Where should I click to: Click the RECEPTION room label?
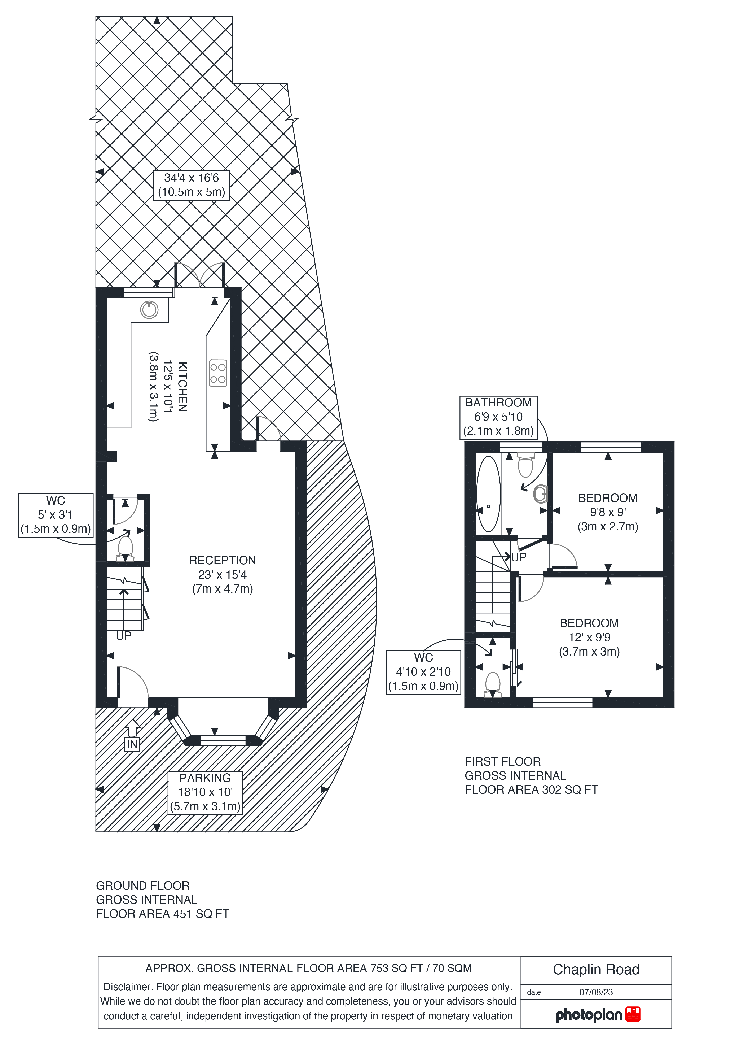point(222,560)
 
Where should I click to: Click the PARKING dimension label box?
point(205,792)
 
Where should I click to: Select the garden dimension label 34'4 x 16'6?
point(192,185)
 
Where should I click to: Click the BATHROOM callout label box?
point(498,417)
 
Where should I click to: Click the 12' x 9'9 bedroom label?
point(589,637)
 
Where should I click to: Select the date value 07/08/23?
point(596,992)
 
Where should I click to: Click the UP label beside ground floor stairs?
point(124,636)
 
